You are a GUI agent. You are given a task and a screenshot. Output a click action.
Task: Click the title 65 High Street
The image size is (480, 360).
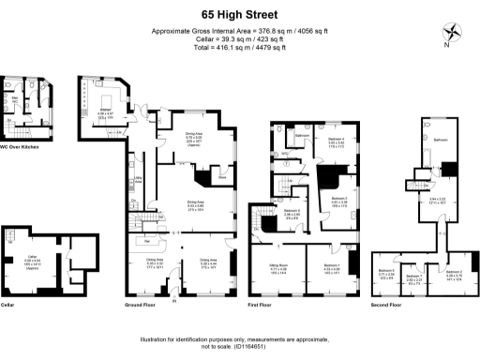point(240,14)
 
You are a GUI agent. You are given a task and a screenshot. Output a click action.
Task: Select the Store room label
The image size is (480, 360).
point(221,175)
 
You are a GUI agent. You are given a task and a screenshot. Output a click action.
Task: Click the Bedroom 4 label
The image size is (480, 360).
point(337,140)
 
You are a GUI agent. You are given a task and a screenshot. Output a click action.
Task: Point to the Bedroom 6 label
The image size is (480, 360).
point(292,212)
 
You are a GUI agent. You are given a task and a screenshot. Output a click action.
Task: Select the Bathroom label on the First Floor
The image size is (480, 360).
point(303,137)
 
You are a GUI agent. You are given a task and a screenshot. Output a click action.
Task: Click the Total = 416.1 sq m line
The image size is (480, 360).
point(240,46)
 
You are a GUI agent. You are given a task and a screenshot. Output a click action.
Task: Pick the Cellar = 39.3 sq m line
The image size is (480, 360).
point(240,38)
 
